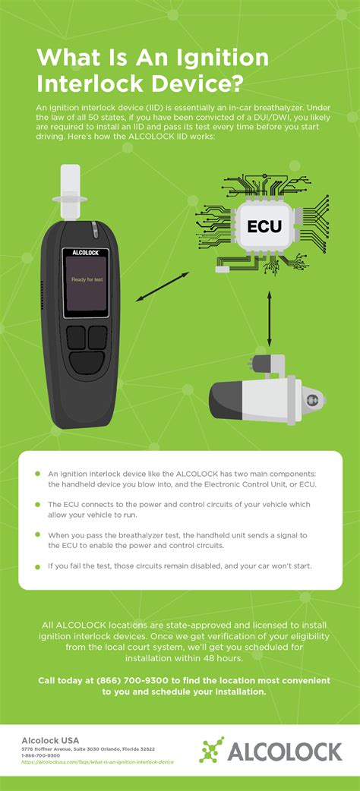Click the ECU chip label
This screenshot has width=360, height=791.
(x=264, y=225)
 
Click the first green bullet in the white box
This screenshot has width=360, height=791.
(x=36, y=473)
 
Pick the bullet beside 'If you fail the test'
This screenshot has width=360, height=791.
(x=36, y=566)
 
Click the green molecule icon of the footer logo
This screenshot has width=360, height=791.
(x=212, y=749)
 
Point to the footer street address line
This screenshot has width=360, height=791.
(x=88, y=748)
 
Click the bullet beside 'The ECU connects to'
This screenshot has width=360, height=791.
(x=36, y=504)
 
